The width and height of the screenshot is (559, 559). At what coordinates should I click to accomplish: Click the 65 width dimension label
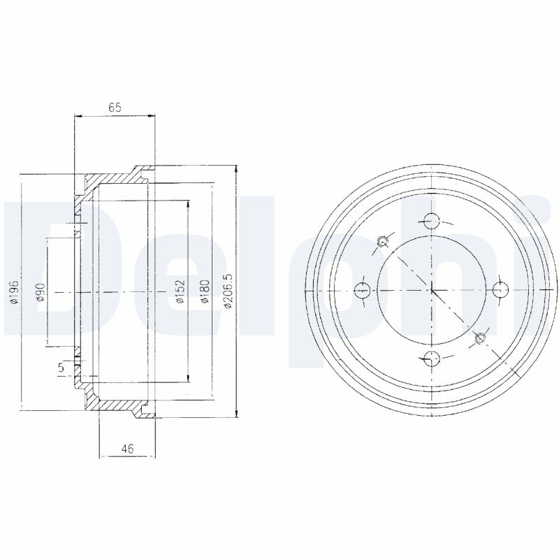coord(115,108)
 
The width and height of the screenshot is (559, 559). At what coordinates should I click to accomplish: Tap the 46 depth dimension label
coord(127,449)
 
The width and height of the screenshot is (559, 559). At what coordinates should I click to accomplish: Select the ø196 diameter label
coord(15,292)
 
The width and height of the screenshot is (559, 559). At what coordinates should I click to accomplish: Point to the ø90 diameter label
coord(41,292)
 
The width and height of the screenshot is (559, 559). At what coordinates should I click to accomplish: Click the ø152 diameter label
coord(180,291)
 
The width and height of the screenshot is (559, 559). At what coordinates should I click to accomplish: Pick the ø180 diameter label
coord(205,291)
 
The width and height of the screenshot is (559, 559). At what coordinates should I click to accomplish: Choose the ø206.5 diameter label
coord(228,291)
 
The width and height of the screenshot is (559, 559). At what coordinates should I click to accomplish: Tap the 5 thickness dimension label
coord(61,368)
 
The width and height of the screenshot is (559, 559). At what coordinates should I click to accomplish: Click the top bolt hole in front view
coord(432,221)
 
